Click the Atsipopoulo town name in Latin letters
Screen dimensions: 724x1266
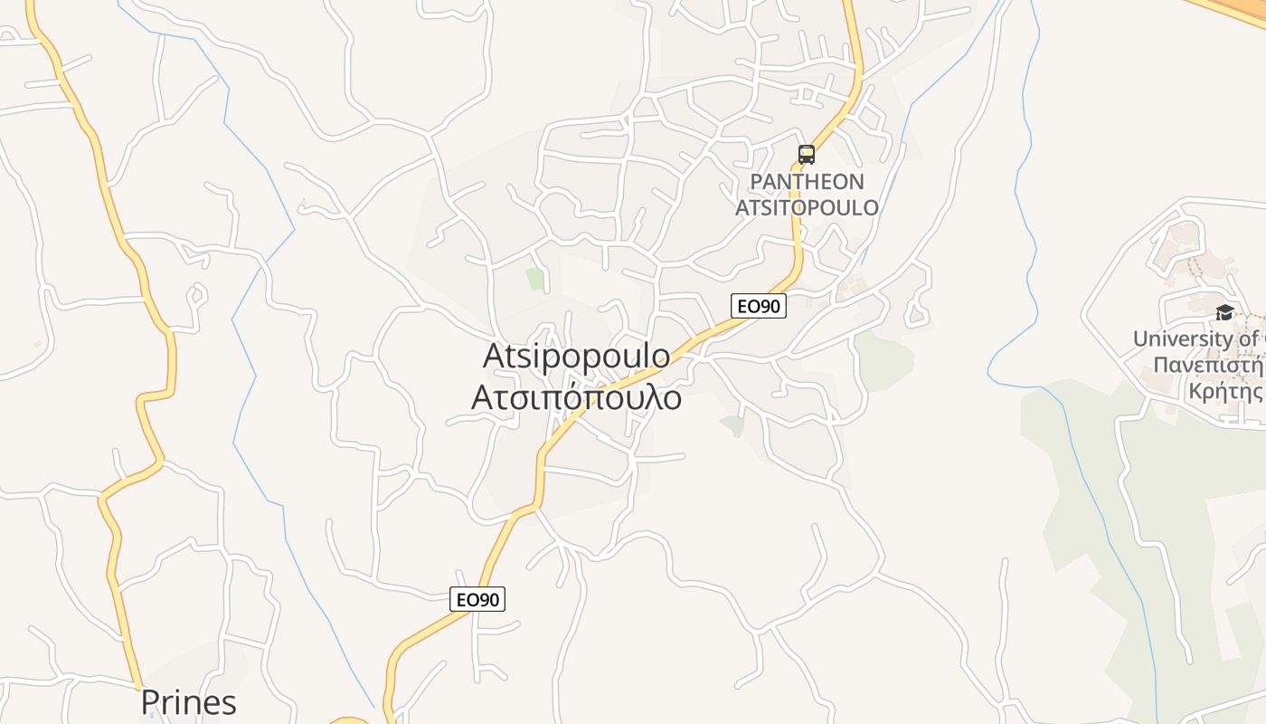click(577, 356)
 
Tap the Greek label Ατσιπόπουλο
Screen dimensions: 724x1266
click(577, 397)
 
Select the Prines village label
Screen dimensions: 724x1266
click(188, 702)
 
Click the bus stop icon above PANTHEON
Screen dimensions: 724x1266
click(806, 155)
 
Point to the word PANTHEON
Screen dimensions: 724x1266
click(807, 182)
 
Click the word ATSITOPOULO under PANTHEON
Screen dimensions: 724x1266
click(807, 207)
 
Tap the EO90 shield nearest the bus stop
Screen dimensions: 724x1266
click(758, 306)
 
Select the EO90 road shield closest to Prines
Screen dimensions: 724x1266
click(477, 598)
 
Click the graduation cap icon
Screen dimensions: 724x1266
click(1224, 312)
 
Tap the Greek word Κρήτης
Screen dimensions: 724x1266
click(1225, 392)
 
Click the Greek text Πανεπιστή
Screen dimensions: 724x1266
click(1208, 366)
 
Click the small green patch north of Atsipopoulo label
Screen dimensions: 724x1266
click(536, 279)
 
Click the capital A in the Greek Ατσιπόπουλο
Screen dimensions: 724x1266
click(482, 398)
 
